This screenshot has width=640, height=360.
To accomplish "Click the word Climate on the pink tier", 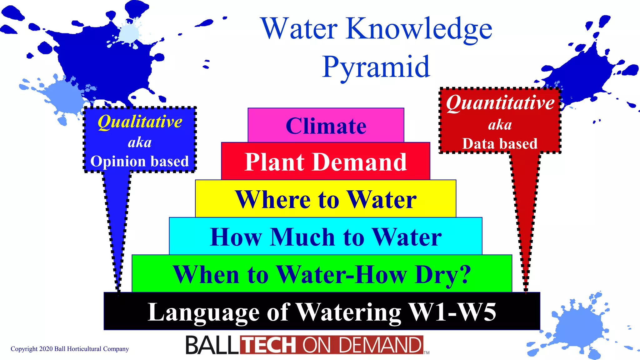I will [x=326, y=126].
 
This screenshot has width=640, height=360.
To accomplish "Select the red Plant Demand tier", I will [x=326, y=162].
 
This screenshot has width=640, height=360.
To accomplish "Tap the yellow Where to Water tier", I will [x=326, y=199].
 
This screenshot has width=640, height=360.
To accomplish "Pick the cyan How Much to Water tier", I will [x=326, y=237].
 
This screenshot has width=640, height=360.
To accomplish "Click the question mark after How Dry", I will [x=465, y=274].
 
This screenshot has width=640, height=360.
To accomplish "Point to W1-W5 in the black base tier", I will [x=452, y=312].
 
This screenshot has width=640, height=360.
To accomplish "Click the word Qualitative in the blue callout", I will [x=140, y=122].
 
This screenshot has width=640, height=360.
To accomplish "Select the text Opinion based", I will [x=139, y=161].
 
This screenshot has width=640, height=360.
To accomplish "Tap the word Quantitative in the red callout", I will [x=500, y=103].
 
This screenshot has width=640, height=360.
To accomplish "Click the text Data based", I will [x=500, y=143].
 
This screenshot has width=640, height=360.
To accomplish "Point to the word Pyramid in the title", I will [x=376, y=67].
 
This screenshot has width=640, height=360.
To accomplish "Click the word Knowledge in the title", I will [x=419, y=29].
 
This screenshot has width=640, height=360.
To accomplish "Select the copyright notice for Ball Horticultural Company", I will [x=70, y=349].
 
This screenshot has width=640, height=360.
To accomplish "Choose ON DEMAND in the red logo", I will [x=362, y=345].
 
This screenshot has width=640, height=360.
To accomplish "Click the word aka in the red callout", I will [x=500, y=124].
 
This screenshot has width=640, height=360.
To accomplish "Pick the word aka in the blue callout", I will [x=140, y=142].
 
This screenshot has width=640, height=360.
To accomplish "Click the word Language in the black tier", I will [x=203, y=312].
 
